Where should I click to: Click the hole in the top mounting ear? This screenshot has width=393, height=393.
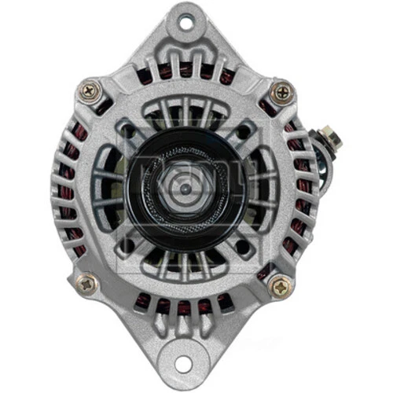[185, 24]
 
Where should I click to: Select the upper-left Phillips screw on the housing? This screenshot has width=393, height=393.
[89, 92]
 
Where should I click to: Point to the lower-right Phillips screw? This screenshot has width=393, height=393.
[280, 285]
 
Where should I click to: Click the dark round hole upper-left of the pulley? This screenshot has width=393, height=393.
[127, 130]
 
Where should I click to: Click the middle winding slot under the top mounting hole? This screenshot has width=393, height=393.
[185, 69]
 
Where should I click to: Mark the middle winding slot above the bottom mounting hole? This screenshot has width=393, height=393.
[184, 307]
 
